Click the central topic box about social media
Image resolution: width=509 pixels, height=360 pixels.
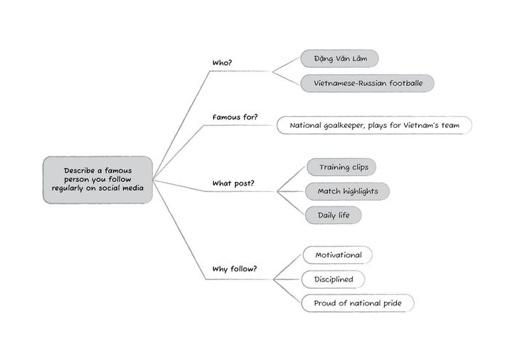pyautogui.click(x=97, y=179)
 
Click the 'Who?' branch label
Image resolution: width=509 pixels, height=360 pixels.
pyautogui.click(x=222, y=63)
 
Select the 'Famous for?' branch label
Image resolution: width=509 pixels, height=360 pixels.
pyautogui.click(x=235, y=116)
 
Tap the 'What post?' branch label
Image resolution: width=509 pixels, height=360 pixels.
pyautogui.click(x=232, y=183)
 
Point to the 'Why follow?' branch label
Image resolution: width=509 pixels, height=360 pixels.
pyautogui.click(x=234, y=269)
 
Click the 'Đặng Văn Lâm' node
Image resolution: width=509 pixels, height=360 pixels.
pyautogui.click(x=340, y=59)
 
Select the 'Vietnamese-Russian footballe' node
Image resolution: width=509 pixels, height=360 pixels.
pyautogui.click(x=367, y=83)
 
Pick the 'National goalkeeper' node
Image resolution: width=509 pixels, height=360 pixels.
pyautogui.click(x=374, y=125)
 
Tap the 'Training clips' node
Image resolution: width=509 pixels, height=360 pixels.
pyautogui.click(x=342, y=167)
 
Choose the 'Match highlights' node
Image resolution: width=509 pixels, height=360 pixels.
pyautogui.click(x=348, y=191)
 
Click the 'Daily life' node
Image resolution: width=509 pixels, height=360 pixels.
pyautogui.click(x=333, y=215)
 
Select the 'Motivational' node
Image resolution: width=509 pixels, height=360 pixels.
pyautogui.click(x=338, y=255)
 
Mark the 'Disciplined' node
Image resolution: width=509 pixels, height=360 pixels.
pyautogui.click(x=334, y=279)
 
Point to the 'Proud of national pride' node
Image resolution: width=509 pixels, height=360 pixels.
pyautogui.click(x=358, y=303)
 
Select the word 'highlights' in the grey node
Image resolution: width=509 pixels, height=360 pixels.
pyautogui.click(x=363, y=191)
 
